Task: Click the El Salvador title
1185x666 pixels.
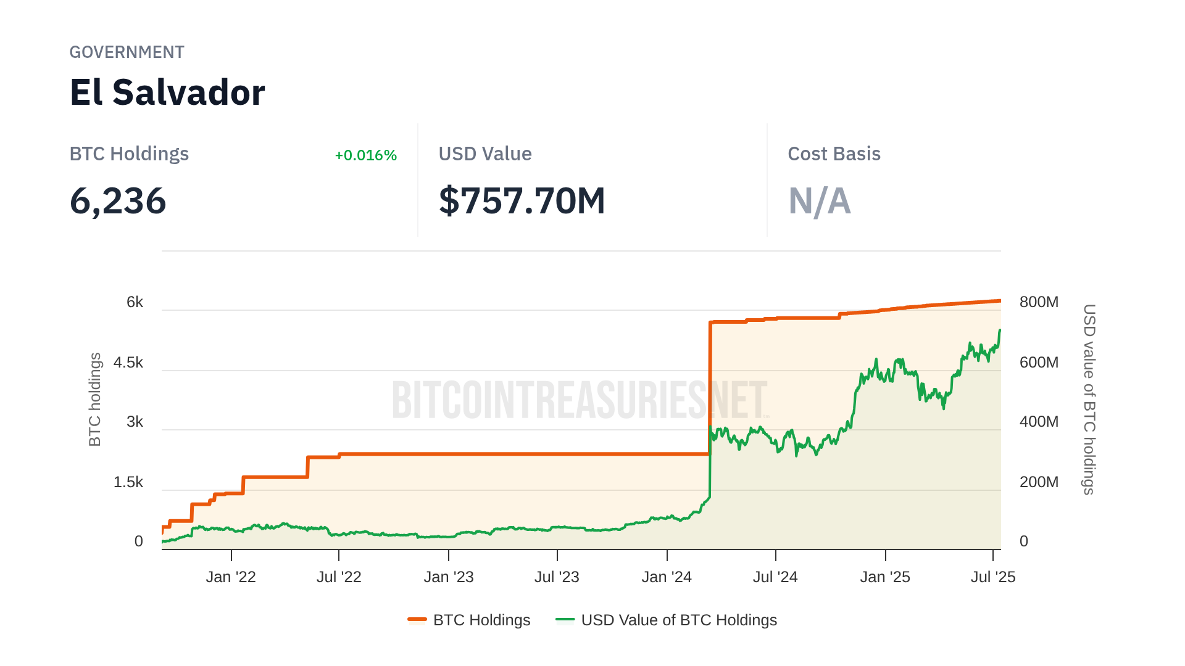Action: click(167, 92)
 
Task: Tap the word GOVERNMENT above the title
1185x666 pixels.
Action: click(127, 52)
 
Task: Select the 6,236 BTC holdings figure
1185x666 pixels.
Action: click(118, 201)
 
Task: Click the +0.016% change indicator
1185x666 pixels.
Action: click(365, 155)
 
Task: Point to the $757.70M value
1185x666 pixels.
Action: click(522, 201)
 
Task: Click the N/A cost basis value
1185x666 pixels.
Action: click(819, 201)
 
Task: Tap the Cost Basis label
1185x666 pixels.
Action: click(834, 154)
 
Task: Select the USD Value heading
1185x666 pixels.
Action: click(485, 154)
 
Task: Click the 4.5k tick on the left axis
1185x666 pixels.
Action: click(128, 363)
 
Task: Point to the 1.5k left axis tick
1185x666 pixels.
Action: click(128, 482)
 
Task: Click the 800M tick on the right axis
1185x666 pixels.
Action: click(1039, 302)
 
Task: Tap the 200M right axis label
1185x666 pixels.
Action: click(1039, 482)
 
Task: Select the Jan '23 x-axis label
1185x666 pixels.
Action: click(449, 577)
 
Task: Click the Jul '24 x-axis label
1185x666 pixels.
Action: click(775, 577)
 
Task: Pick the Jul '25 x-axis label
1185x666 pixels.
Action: click(992, 577)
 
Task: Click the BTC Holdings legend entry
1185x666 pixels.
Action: click(469, 620)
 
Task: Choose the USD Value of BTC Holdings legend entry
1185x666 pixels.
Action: click(667, 620)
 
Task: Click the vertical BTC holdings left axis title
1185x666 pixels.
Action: click(94, 400)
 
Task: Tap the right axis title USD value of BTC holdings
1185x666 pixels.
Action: click(1089, 400)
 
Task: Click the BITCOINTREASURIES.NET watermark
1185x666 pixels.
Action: click(579, 400)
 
